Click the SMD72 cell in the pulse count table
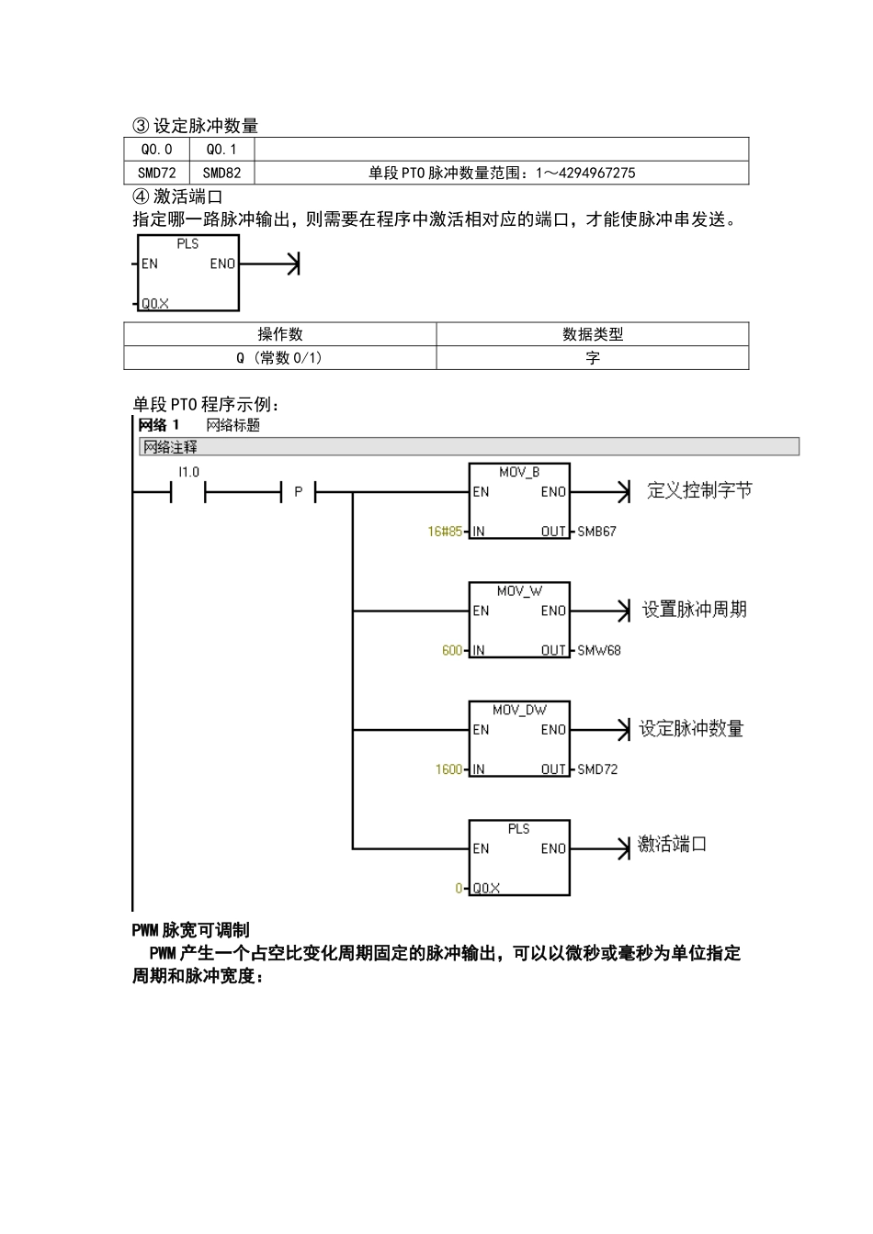click(x=156, y=173)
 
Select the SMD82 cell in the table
click(x=221, y=173)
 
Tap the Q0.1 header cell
click(x=221, y=149)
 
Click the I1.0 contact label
click(x=188, y=472)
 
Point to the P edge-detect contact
click(x=298, y=493)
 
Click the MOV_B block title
click(x=519, y=472)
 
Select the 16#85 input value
click(x=445, y=532)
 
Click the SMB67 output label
click(x=596, y=532)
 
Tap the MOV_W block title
click(x=519, y=591)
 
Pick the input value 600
click(x=452, y=651)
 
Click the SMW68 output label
click(x=598, y=651)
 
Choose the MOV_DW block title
click(x=519, y=710)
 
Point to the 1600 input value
click(x=448, y=769)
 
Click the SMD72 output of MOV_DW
click(x=597, y=769)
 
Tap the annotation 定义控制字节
click(x=699, y=491)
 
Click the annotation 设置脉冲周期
click(x=695, y=610)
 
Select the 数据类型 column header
click(x=593, y=334)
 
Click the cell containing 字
click(x=593, y=358)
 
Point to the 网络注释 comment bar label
click(x=171, y=447)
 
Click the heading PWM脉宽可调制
click(x=190, y=930)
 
